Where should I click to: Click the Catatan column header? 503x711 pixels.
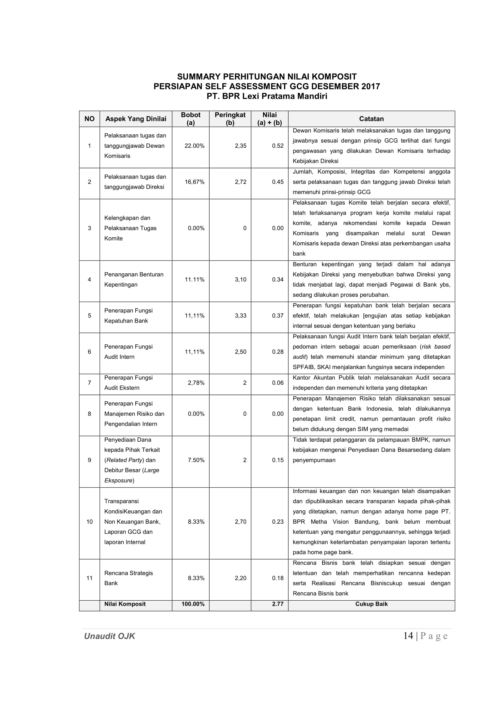click(371, 119)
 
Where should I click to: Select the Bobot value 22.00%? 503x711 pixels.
click(194, 146)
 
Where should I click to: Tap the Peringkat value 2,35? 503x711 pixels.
click(240, 146)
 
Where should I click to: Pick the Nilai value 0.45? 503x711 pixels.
click(278, 182)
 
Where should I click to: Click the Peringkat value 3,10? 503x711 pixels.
click(240, 280)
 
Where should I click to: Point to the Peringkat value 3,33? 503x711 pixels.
click(240, 316)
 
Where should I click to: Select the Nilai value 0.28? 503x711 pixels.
click(278, 352)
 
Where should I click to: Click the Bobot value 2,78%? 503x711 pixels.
click(196, 383)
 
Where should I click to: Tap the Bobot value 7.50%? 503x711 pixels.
click(196, 460)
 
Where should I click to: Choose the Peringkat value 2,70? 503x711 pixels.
click(240, 522)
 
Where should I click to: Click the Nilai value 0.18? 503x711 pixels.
click(278, 578)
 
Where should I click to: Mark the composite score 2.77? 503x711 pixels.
click(278, 604)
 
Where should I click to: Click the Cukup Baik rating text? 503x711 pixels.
click(371, 604)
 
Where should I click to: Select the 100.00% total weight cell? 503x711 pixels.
click(193, 604)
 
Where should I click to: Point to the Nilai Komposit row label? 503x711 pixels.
click(125, 604)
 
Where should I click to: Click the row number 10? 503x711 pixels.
click(89, 522)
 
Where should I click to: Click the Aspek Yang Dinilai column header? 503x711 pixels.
click(136, 119)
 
